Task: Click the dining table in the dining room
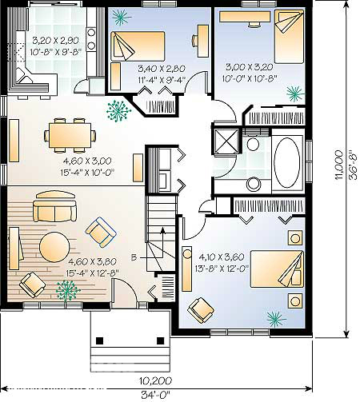70,135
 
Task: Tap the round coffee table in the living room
54,247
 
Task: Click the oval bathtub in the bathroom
286,162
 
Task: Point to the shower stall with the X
226,141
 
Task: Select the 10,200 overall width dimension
155,380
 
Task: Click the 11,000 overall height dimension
339,165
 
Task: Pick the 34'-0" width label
155,394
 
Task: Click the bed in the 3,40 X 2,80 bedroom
138,46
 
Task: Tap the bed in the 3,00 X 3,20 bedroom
290,37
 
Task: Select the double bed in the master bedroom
277,269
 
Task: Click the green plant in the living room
68,290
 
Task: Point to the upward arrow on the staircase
162,242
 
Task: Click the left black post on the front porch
99,340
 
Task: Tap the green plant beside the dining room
118,111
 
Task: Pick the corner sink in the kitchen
25,76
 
